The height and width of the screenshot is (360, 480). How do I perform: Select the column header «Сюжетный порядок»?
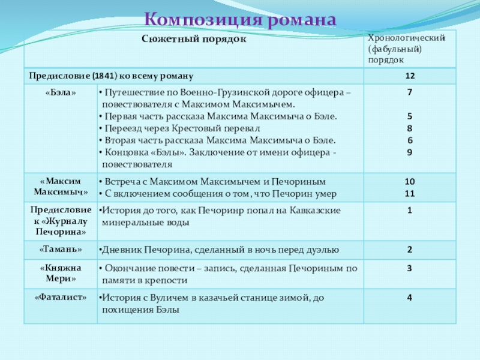194,39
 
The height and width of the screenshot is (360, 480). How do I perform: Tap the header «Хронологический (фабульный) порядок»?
406,49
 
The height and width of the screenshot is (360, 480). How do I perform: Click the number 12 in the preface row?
410,76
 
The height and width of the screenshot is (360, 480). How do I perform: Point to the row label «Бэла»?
60,93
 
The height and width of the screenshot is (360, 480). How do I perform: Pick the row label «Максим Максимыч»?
60,187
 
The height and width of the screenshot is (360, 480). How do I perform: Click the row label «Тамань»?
60,249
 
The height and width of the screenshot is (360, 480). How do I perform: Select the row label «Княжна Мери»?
60,274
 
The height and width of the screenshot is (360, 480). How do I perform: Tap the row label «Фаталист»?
60,297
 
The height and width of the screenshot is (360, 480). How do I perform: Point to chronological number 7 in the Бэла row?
410,93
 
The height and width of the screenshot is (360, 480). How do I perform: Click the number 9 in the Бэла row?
410,152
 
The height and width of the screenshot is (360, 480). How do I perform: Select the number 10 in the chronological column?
410,181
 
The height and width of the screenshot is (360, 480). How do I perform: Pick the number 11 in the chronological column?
410,193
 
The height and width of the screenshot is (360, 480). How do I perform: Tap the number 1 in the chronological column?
410,211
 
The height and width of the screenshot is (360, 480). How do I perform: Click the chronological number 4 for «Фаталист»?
410,297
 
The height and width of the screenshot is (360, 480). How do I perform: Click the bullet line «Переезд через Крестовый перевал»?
180,128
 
